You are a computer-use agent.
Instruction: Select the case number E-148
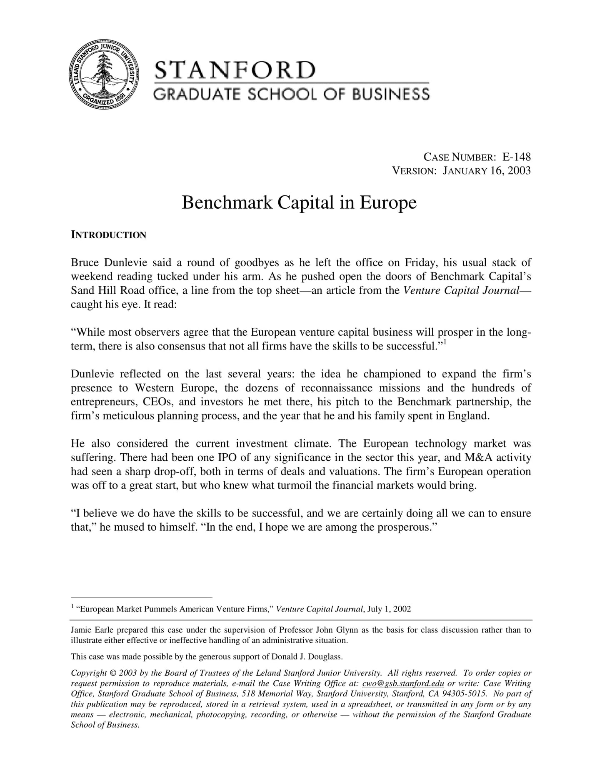pos(517,157)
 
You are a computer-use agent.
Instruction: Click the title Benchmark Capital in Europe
pos(299,203)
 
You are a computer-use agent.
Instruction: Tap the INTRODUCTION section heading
pos(108,235)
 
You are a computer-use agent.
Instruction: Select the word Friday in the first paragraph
pos(420,263)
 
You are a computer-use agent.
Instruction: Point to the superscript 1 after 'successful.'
pos(445,343)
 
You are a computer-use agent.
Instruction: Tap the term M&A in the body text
pos(479,458)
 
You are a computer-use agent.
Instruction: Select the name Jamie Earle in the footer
pos(87,630)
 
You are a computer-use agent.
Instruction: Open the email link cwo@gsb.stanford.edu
pos(403,684)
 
